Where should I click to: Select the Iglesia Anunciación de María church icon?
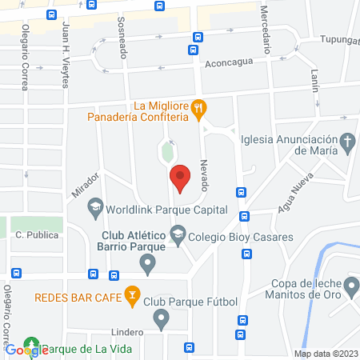click(347, 143)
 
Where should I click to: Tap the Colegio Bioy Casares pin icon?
click(178, 236)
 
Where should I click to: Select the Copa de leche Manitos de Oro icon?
click(350, 285)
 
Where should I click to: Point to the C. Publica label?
click(34, 236)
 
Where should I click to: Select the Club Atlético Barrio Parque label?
click(134, 241)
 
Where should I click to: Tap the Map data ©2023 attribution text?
click(326, 354)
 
